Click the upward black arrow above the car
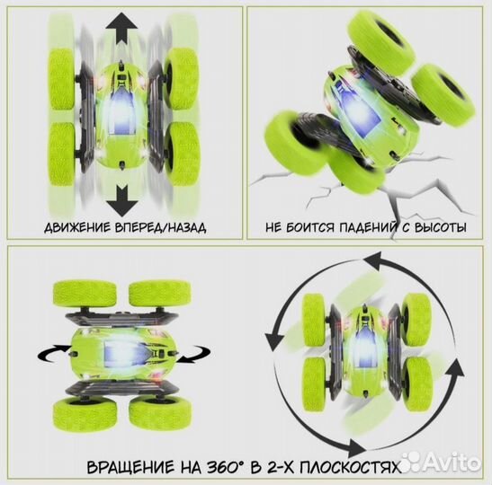tap(125, 34)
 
